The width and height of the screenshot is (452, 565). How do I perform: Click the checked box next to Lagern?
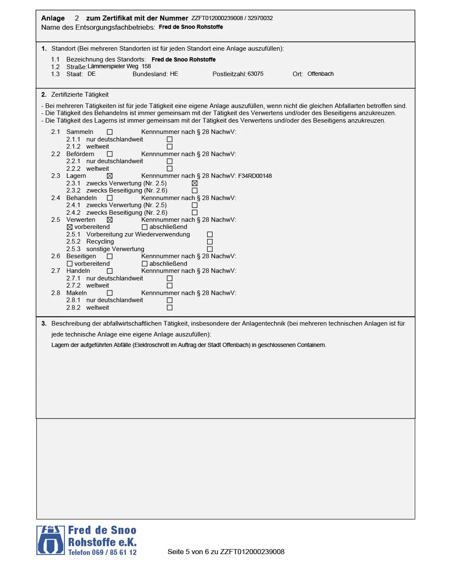[110, 176]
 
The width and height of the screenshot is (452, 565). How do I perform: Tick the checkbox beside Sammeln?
[110, 132]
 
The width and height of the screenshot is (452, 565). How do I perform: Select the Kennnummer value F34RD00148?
[255, 176]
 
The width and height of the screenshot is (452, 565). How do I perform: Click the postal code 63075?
[255, 74]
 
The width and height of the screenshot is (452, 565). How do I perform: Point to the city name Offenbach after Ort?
[321, 74]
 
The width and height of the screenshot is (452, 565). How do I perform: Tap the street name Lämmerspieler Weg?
[113, 67]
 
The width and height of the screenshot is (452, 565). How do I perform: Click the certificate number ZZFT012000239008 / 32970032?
[232, 18]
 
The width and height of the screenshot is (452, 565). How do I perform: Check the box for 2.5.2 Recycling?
[210, 242]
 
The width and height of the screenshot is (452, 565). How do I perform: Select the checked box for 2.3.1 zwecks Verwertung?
[195, 183]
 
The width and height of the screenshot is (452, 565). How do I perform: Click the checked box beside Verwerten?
[110, 220]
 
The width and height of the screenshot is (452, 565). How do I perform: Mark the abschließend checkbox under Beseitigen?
[144, 264]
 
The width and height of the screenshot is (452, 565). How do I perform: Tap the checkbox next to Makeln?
[110, 293]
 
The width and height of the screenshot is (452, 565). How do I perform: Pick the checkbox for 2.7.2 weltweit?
[169, 286]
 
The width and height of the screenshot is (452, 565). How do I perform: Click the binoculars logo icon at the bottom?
[51, 540]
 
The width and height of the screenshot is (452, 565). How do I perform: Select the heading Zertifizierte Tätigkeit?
[80, 95]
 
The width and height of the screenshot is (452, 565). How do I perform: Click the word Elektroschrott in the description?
[152, 345]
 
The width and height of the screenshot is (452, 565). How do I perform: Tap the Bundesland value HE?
[174, 74]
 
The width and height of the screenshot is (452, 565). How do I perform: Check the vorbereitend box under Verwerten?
[70, 227]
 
